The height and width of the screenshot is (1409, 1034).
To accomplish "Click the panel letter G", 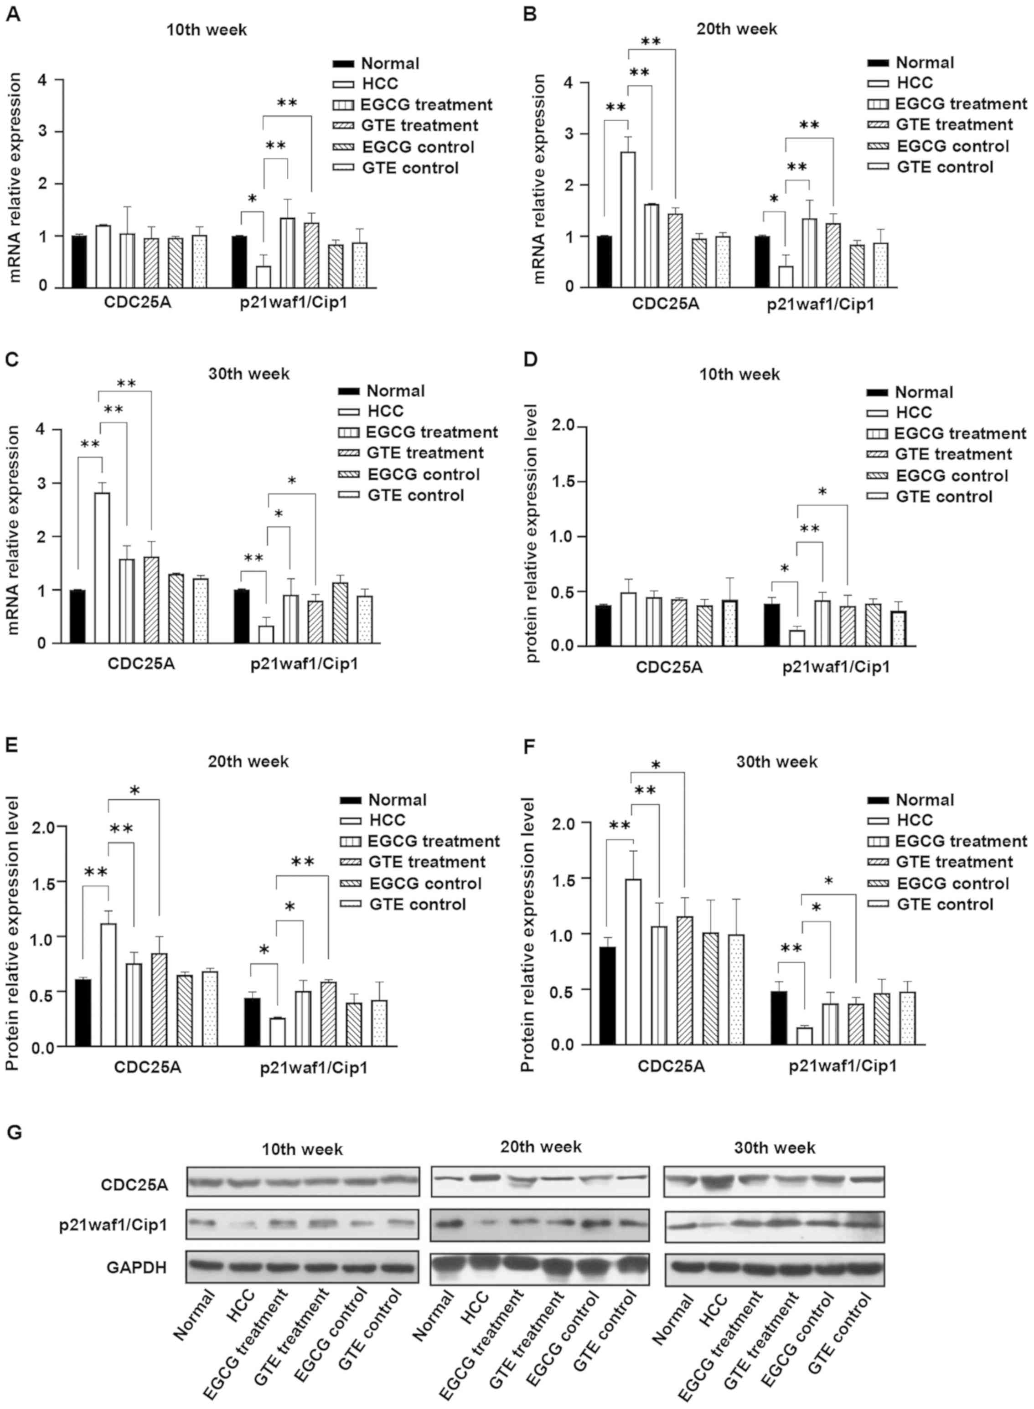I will (13, 1132).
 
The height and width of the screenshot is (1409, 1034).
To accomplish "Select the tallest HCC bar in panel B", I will (627, 219).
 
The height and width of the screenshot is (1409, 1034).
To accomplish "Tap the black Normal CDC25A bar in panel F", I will (607, 995).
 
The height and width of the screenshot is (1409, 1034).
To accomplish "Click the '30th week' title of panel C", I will (249, 374).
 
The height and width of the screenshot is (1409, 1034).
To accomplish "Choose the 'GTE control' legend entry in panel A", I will (410, 168).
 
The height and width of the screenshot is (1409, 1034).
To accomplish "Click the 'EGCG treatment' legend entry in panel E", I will (433, 841).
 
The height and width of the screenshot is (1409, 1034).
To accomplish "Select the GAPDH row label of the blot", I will (136, 1268).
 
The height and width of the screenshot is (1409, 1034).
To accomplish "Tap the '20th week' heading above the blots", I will (540, 1146).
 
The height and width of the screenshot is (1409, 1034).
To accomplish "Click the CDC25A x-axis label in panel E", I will (147, 1067).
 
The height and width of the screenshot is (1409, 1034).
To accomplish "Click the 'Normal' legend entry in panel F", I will (925, 800).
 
